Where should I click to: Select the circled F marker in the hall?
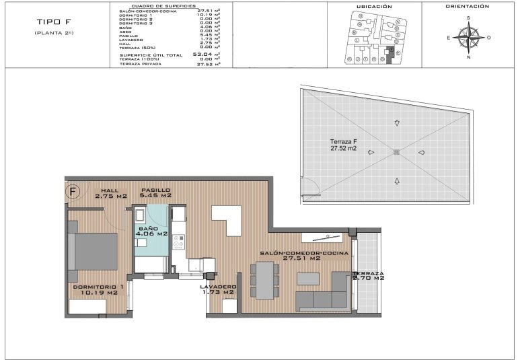pos(74,191)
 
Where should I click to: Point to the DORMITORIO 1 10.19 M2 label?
pos(95,290)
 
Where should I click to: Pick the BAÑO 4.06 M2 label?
pos(153,232)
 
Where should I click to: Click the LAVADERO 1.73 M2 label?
pos(218,290)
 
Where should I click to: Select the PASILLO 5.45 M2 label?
pos(155,192)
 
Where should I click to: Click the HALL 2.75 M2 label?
pos(110,193)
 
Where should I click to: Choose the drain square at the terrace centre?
pos(396,152)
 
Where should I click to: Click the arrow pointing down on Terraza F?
pos(397,123)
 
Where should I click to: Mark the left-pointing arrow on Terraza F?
pos(421,152)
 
